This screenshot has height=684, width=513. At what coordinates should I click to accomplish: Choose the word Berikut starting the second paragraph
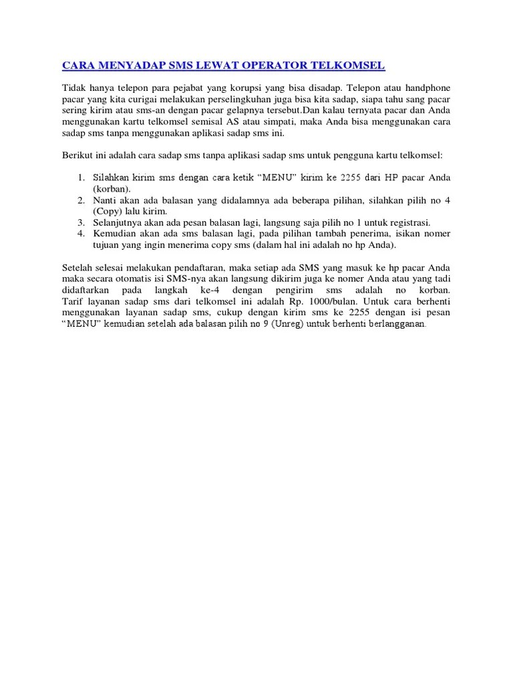tap(77, 155)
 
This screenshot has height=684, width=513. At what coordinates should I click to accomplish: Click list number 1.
tap(79, 178)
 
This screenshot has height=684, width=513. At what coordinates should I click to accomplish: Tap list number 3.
tap(79, 222)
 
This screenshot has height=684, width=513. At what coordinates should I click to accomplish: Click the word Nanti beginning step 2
tap(106, 200)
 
